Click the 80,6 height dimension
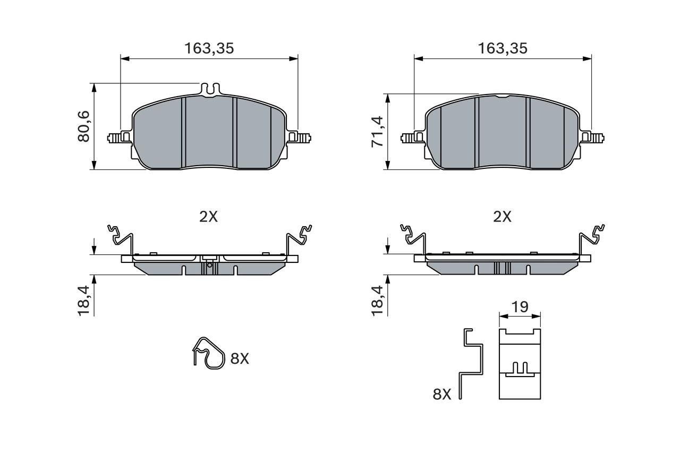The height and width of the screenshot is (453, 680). coord(84,126)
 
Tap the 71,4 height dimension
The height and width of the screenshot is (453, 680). coord(377,132)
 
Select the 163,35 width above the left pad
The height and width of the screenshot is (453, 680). coord(209,48)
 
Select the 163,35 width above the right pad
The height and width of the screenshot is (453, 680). coord(503,48)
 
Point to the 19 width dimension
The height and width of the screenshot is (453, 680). coord(520,307)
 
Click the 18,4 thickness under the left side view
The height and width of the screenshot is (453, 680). coord(84,301)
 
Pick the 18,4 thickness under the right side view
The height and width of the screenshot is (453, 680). coord(377,301)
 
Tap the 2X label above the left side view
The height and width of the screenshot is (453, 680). coord(209,217)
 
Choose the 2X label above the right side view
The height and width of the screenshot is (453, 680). coord(502,217)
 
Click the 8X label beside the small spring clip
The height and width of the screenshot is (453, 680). coord(240,358)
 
